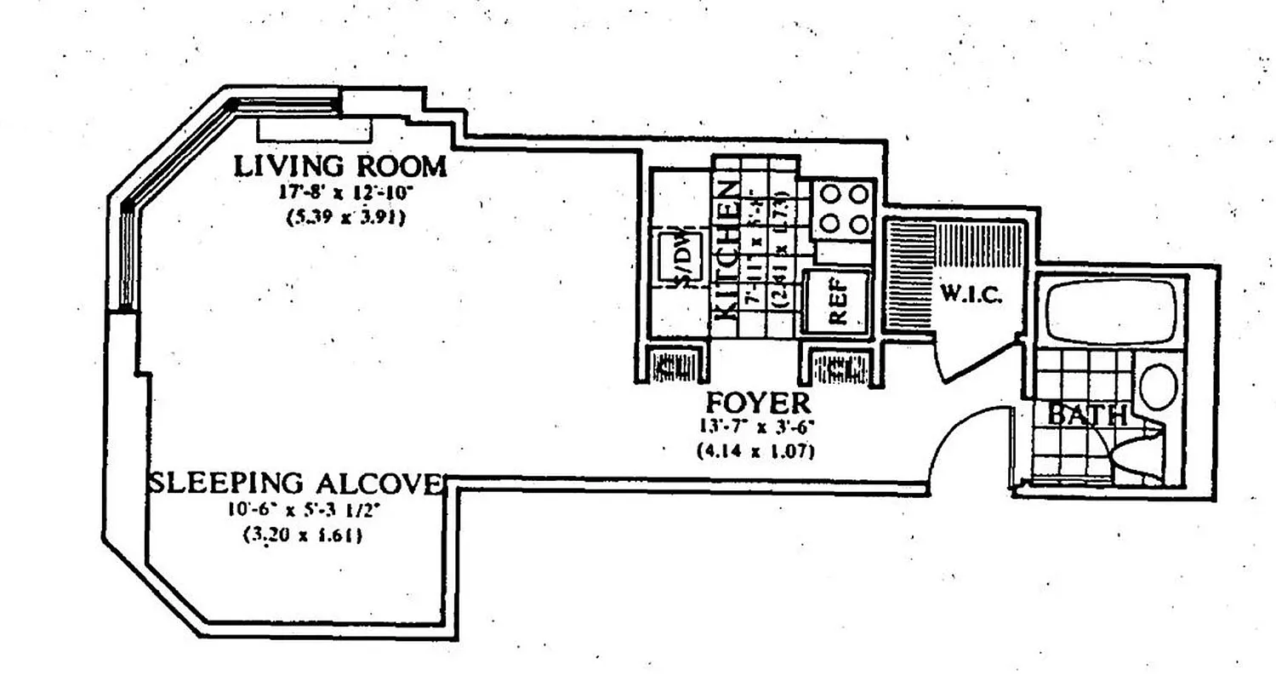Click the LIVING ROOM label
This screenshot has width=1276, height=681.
click(339, 166)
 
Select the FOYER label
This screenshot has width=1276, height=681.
click(755, 401)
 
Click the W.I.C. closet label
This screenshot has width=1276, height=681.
click(971, 295)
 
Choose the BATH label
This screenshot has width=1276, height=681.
click(1086, 415)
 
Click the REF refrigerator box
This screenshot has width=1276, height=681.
click(837, 302)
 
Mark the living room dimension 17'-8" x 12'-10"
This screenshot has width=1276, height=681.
click(339, 192)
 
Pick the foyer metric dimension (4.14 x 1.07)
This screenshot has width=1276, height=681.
click(755, 452)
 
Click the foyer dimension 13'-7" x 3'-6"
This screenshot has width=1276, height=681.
click(755, 427)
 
